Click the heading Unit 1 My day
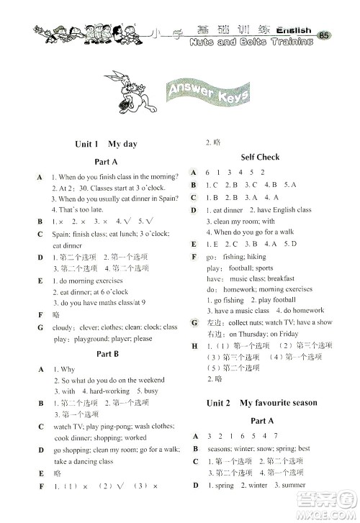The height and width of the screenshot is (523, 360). (106, 144)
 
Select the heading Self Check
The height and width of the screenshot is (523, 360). (260, 157)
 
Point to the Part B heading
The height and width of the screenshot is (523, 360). (107, 354)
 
